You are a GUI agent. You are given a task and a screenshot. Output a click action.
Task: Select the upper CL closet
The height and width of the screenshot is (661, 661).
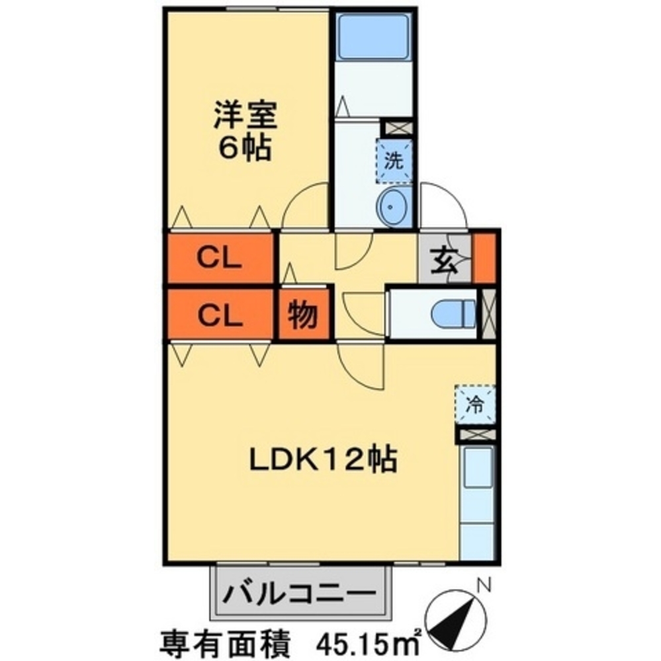(220, 257)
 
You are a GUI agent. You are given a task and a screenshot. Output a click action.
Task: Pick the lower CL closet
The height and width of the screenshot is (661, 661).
(220, 315)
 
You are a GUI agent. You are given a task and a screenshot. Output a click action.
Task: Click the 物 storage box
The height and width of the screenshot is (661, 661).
(303, 315)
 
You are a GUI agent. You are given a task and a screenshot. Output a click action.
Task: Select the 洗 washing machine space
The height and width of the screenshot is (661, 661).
(394, 161)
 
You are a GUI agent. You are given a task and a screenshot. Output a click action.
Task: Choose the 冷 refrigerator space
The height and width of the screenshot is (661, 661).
(475, 405)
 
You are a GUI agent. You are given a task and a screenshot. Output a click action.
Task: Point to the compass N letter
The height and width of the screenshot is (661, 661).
(484, 584)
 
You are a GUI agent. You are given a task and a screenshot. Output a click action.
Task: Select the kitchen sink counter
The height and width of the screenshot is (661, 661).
(477, 502)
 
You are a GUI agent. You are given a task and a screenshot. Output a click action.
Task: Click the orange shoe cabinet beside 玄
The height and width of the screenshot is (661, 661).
(485, 257)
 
